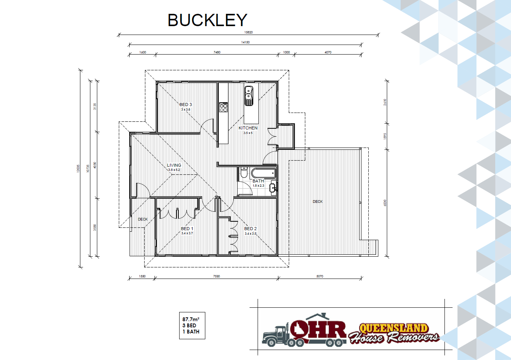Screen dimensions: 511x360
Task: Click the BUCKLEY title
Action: (x=207, y=20)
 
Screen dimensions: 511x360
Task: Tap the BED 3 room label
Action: (x=186, y=105)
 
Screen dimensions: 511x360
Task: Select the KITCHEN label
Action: (x=248, y=128)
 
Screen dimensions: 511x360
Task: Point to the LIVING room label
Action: (x=174, y=165)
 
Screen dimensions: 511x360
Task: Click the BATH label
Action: (x=258, y=181)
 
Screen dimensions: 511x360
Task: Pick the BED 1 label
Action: (x=187, y=229)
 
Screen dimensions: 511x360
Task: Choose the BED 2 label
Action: (x=250, y=229)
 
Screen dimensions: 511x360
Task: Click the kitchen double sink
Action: (x=249, y=96)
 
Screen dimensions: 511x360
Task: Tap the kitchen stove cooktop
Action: (x=223, y=107)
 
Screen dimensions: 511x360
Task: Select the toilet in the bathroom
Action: (x=244, y=173)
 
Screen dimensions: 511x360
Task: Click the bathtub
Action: (x=263, y=174)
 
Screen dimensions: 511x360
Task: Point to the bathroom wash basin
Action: (x=273, y=188)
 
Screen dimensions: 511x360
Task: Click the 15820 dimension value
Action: (x=248, y=32)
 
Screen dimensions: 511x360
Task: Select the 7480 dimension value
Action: (x=217, y=52)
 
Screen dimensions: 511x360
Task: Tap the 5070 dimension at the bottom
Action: (x=320, y=276)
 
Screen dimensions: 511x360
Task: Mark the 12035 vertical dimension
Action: (x=78, y=169)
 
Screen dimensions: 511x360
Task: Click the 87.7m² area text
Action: (x=191, y=319)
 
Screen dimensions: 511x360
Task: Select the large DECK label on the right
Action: (x=318, y=202)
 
